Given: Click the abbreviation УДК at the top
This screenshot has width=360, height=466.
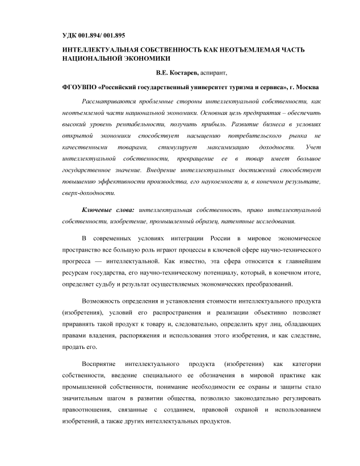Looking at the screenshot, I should pos(71,35).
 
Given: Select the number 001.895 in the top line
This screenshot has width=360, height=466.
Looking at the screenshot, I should pos(120,35).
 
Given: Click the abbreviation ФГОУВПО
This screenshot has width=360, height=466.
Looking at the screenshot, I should pos(79,88).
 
